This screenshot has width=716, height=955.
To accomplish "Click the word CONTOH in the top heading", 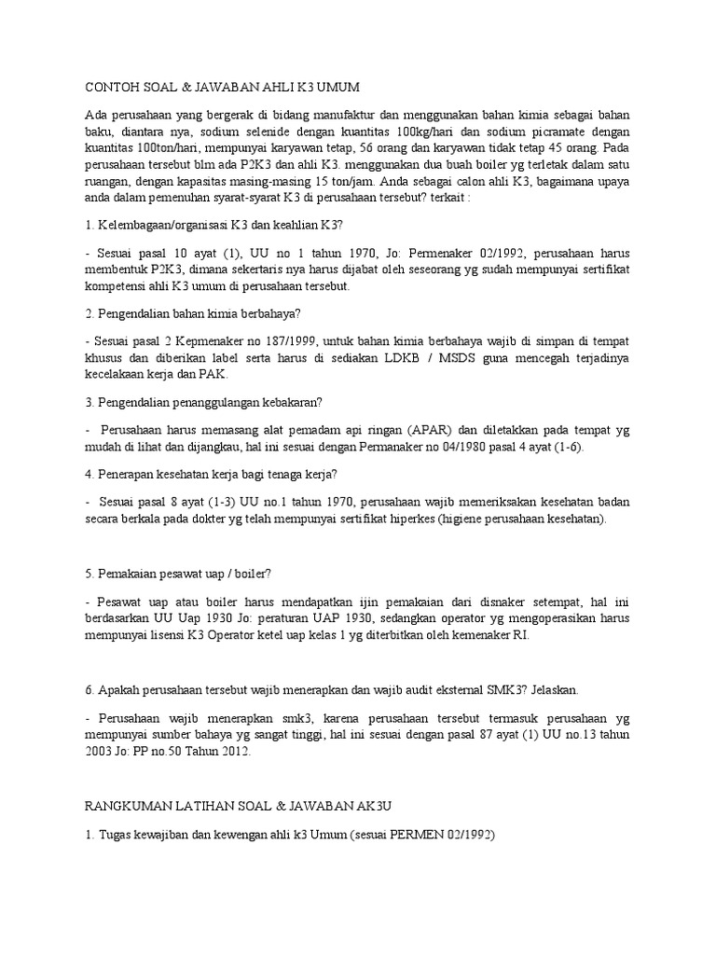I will point(104,87).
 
